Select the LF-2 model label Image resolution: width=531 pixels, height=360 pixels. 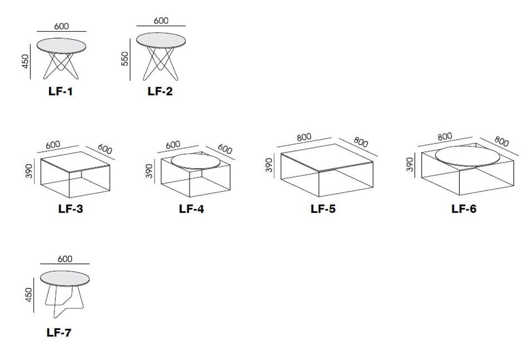pyautogui.click(x=160, y=91)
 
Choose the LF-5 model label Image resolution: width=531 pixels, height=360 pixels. pyautogui.click(x=323, y=209)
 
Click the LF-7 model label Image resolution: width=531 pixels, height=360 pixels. pyautogui.click(x=58, y=333)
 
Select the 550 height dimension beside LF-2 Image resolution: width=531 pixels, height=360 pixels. pyautogui.click(x=125, y=58)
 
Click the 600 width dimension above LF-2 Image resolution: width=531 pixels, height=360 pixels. pyautogui.click(x=161, y=20)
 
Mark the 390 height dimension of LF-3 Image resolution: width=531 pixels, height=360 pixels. pyautogui.click(x=30, y=170)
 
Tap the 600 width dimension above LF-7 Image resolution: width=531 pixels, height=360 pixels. pyautogui.click(x=65, y=259)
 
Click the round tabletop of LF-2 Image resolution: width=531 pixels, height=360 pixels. pyautogui.click(x=160, y=40)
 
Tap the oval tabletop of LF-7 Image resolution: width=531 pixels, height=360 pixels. pyautogui.click(x=65, y=278)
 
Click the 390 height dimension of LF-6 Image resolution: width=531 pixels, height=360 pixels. pyautogui.click(x=410, y=165)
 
